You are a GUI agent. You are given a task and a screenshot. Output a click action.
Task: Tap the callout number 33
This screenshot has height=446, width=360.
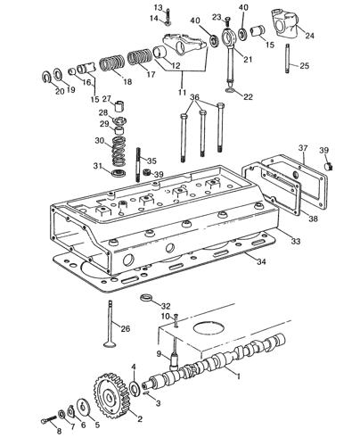[296, 241]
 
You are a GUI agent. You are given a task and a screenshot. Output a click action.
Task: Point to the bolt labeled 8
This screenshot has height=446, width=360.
[49, 420]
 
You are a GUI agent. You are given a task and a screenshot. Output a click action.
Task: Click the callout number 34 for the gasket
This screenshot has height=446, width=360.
[261, 261]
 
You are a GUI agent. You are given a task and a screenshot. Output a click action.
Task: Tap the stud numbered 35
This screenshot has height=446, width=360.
[138, 164]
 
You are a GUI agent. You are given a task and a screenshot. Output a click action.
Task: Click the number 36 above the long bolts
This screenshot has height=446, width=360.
[194, 97]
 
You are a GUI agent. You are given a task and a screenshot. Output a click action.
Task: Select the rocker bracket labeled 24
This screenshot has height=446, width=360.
[284, 23]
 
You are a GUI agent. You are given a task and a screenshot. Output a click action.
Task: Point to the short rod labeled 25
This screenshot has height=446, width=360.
[288, 58]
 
